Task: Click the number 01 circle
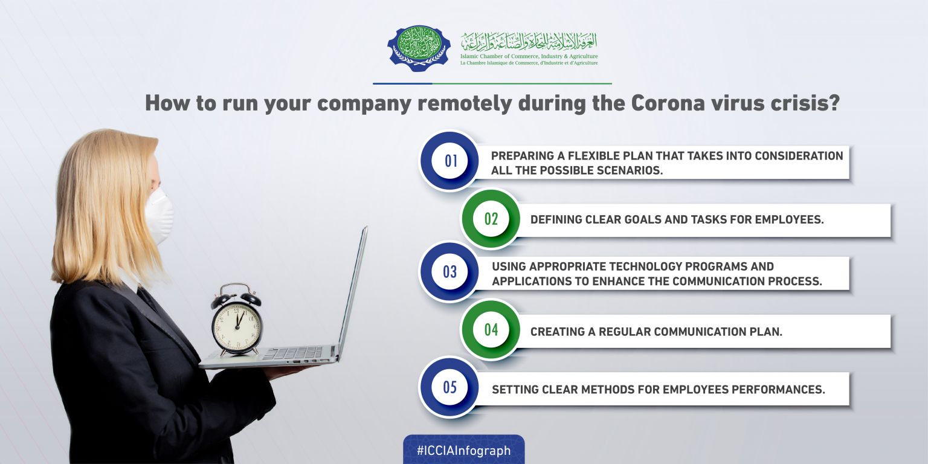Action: [449, 161]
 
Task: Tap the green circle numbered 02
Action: [491, 219]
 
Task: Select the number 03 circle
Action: [449, 272]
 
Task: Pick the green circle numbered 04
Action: [491, 330]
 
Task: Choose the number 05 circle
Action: [449, 387]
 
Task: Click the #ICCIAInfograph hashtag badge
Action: [463, 450]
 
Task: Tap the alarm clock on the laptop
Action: [237, 319]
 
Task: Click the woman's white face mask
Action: [159, 216]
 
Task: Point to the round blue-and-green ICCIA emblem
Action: [419, 48]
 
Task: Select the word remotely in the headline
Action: [465, 104]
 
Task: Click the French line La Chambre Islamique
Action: [529, 63]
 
